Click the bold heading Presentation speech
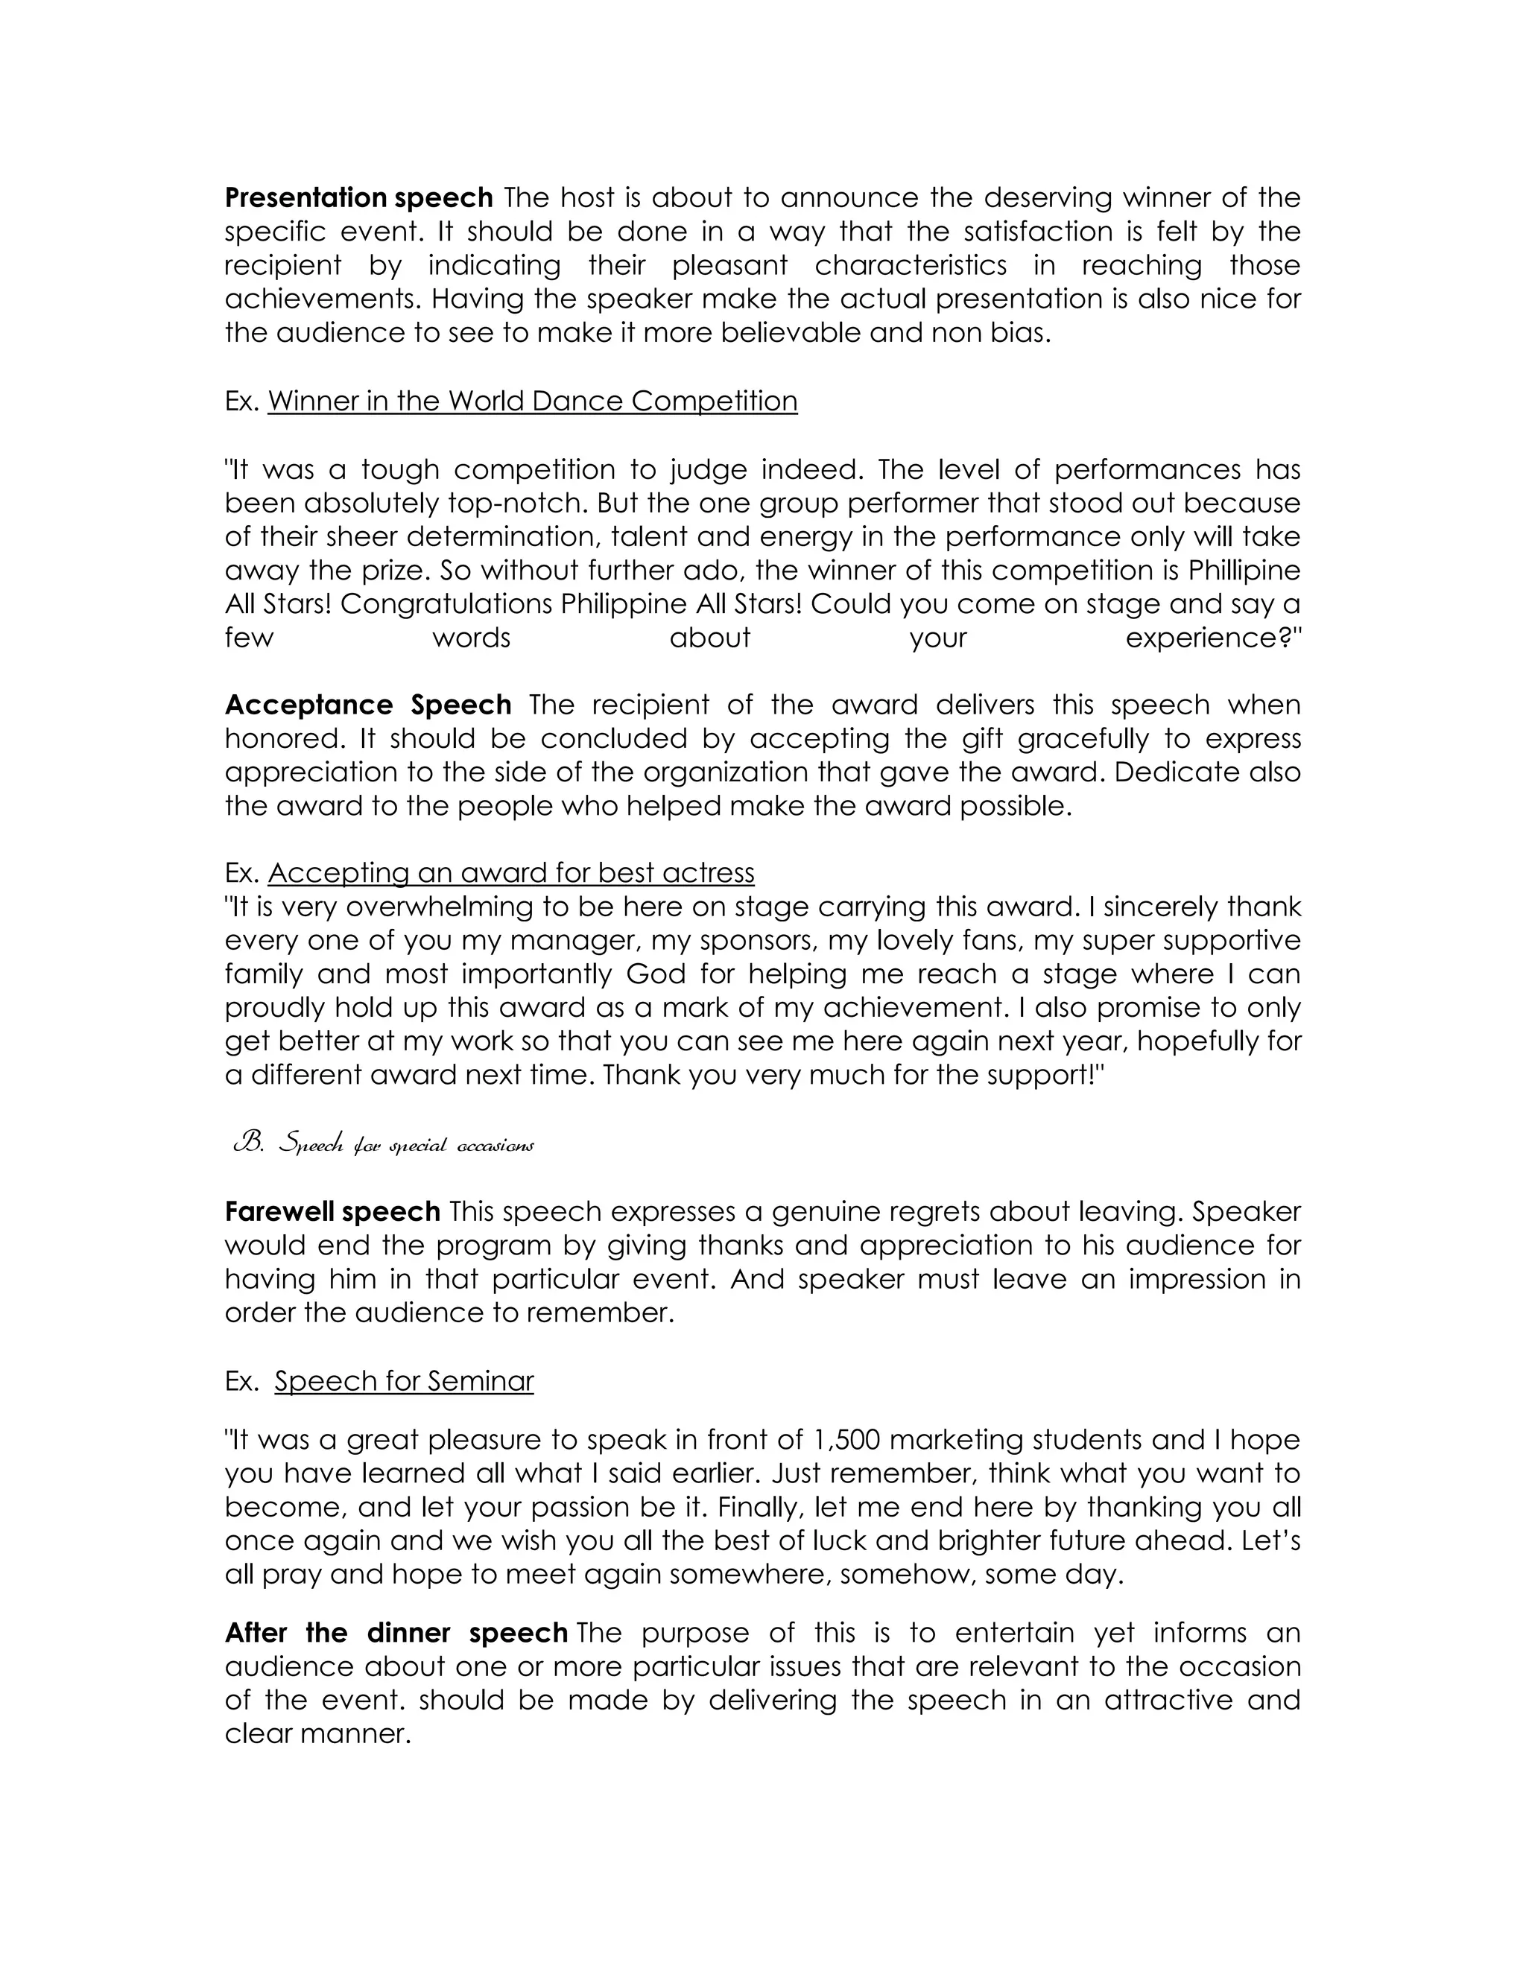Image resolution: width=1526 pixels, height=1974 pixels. click(x=358, y=197)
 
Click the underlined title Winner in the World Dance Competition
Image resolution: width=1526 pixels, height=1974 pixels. click(x=533, y=401)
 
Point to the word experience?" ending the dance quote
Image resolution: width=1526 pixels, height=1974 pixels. click(x=1212, y=638)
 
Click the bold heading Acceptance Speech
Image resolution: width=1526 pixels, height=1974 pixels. click(x=368, y=705)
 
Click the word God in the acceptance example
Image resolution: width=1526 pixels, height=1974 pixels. click(x=648, y=974)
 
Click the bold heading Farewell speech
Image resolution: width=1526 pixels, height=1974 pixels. click(x=332, y=1211)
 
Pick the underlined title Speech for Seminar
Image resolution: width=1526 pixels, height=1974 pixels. click(x=404, y=1381)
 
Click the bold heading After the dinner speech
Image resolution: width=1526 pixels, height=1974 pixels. click(x=396, y=1634)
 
